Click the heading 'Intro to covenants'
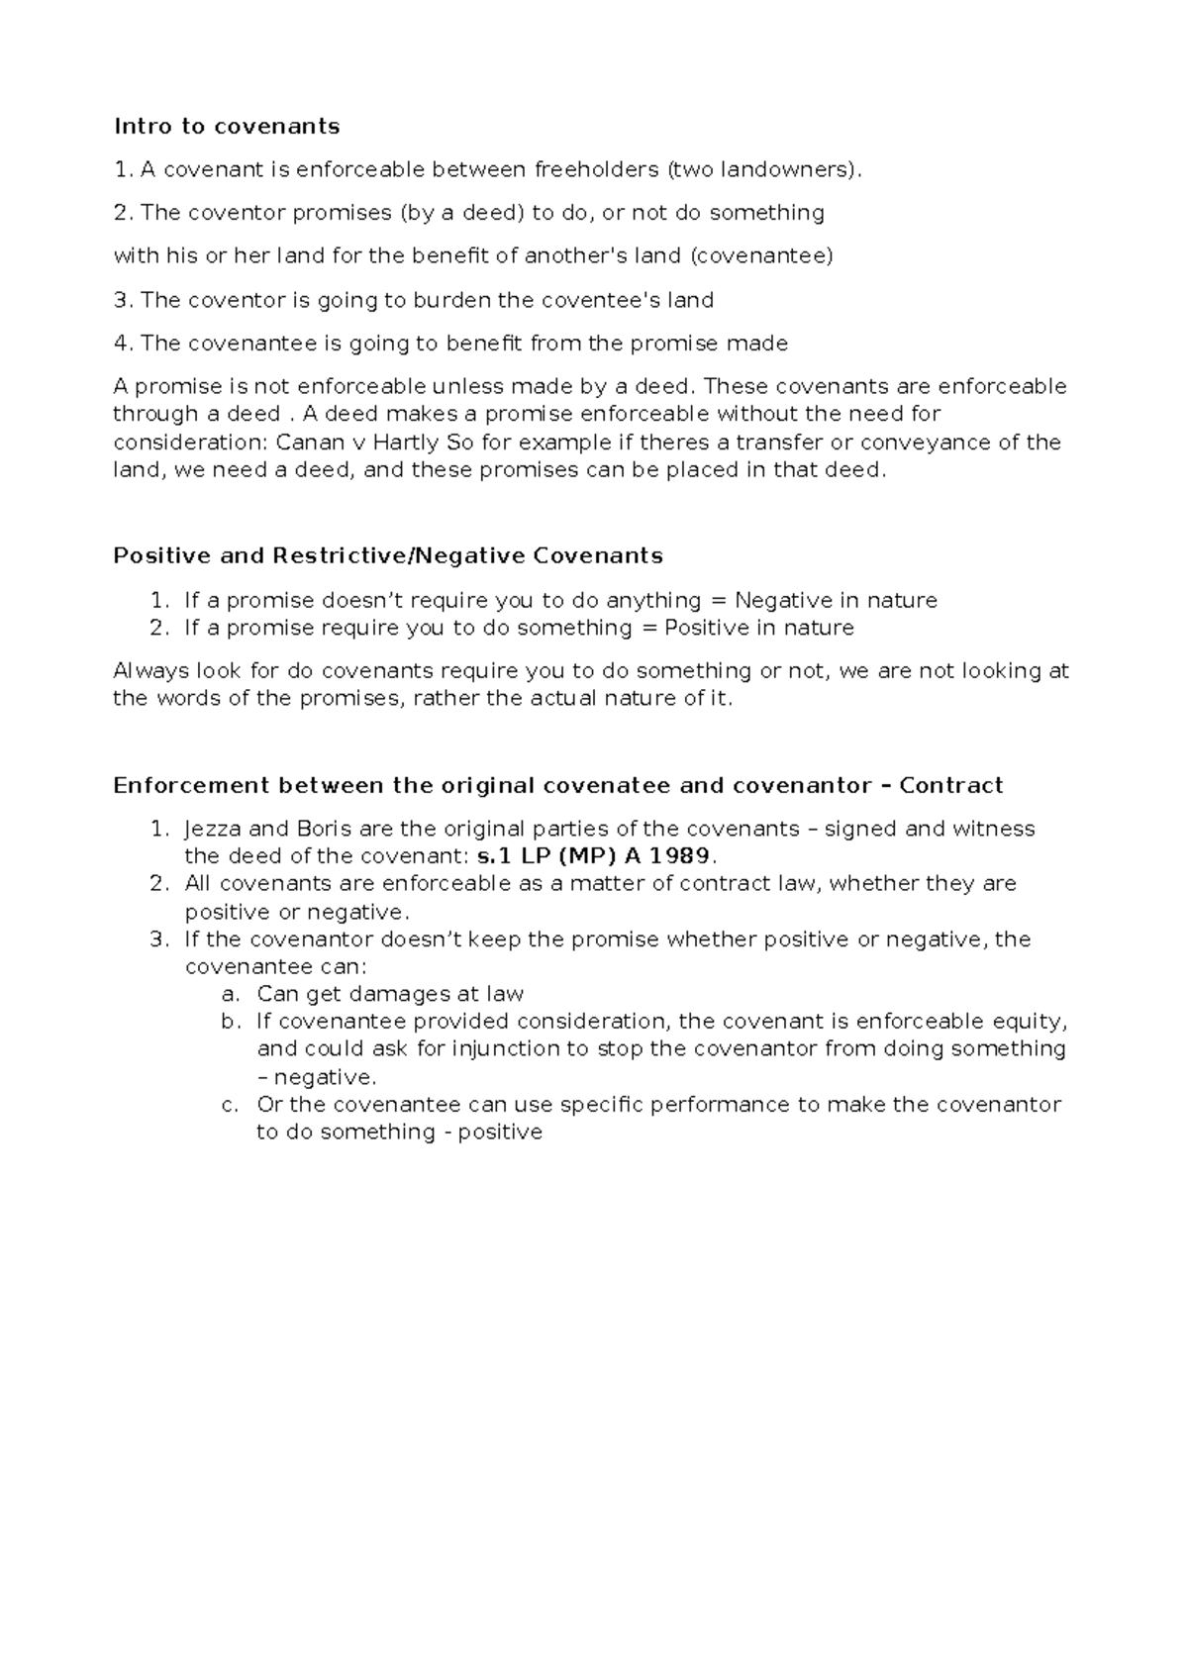(x=227, y=126)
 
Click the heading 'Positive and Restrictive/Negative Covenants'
(x=388, y=555)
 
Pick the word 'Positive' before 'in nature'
(x=708, y=628)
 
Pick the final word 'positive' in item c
(x=500, y=1133)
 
